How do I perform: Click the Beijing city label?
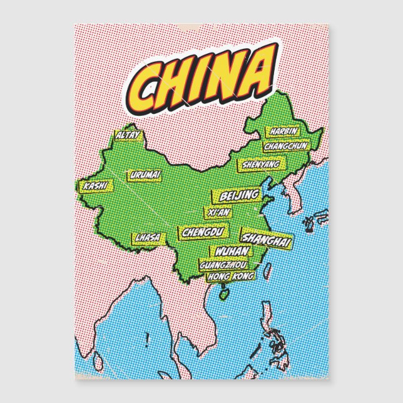point(238,196)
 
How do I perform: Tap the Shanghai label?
point(266,239)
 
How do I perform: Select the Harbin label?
point(283,132)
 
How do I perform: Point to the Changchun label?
point(286,146)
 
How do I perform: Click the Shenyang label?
point(259,165)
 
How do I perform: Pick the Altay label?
point(128,135)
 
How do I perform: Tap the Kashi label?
point(95,186)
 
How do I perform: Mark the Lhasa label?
point(147,237)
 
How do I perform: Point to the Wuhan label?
point(233,252)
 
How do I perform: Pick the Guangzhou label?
point(223,265)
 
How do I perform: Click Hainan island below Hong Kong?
point(223,292)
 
